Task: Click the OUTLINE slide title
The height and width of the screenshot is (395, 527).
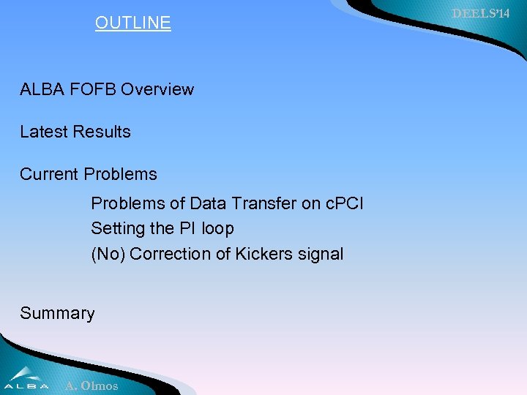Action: (132, 23)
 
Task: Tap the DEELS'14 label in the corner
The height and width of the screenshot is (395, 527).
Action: (480, 13)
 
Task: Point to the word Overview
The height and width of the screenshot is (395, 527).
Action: (157, 90)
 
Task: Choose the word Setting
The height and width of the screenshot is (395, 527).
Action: (118, 229)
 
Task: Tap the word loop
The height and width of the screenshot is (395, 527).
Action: (218, 229)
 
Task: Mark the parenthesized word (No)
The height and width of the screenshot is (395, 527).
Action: (108, 255)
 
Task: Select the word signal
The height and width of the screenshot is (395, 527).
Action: (320, 255)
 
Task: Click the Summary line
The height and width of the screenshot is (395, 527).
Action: (57, 314)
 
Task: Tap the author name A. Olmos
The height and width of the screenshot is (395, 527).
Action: (91, 385)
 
